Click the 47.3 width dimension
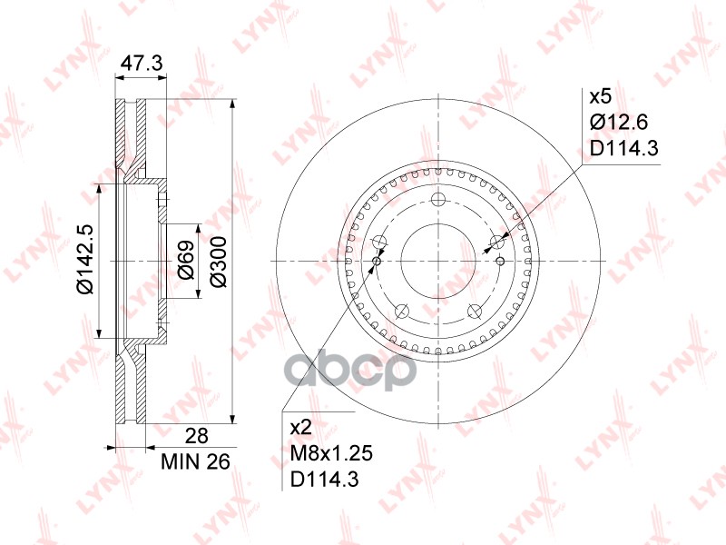coord(142,63)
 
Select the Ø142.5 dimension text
coord(85,259)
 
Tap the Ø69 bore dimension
coord(186,260)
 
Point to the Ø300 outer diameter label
coord(218,262)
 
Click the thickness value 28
coord(196,436)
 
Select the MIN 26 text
coord(195,461)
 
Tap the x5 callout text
coord(601,97)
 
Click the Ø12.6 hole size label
coord(619,123)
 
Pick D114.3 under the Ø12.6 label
coord(623,148)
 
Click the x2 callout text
coord(301,428)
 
